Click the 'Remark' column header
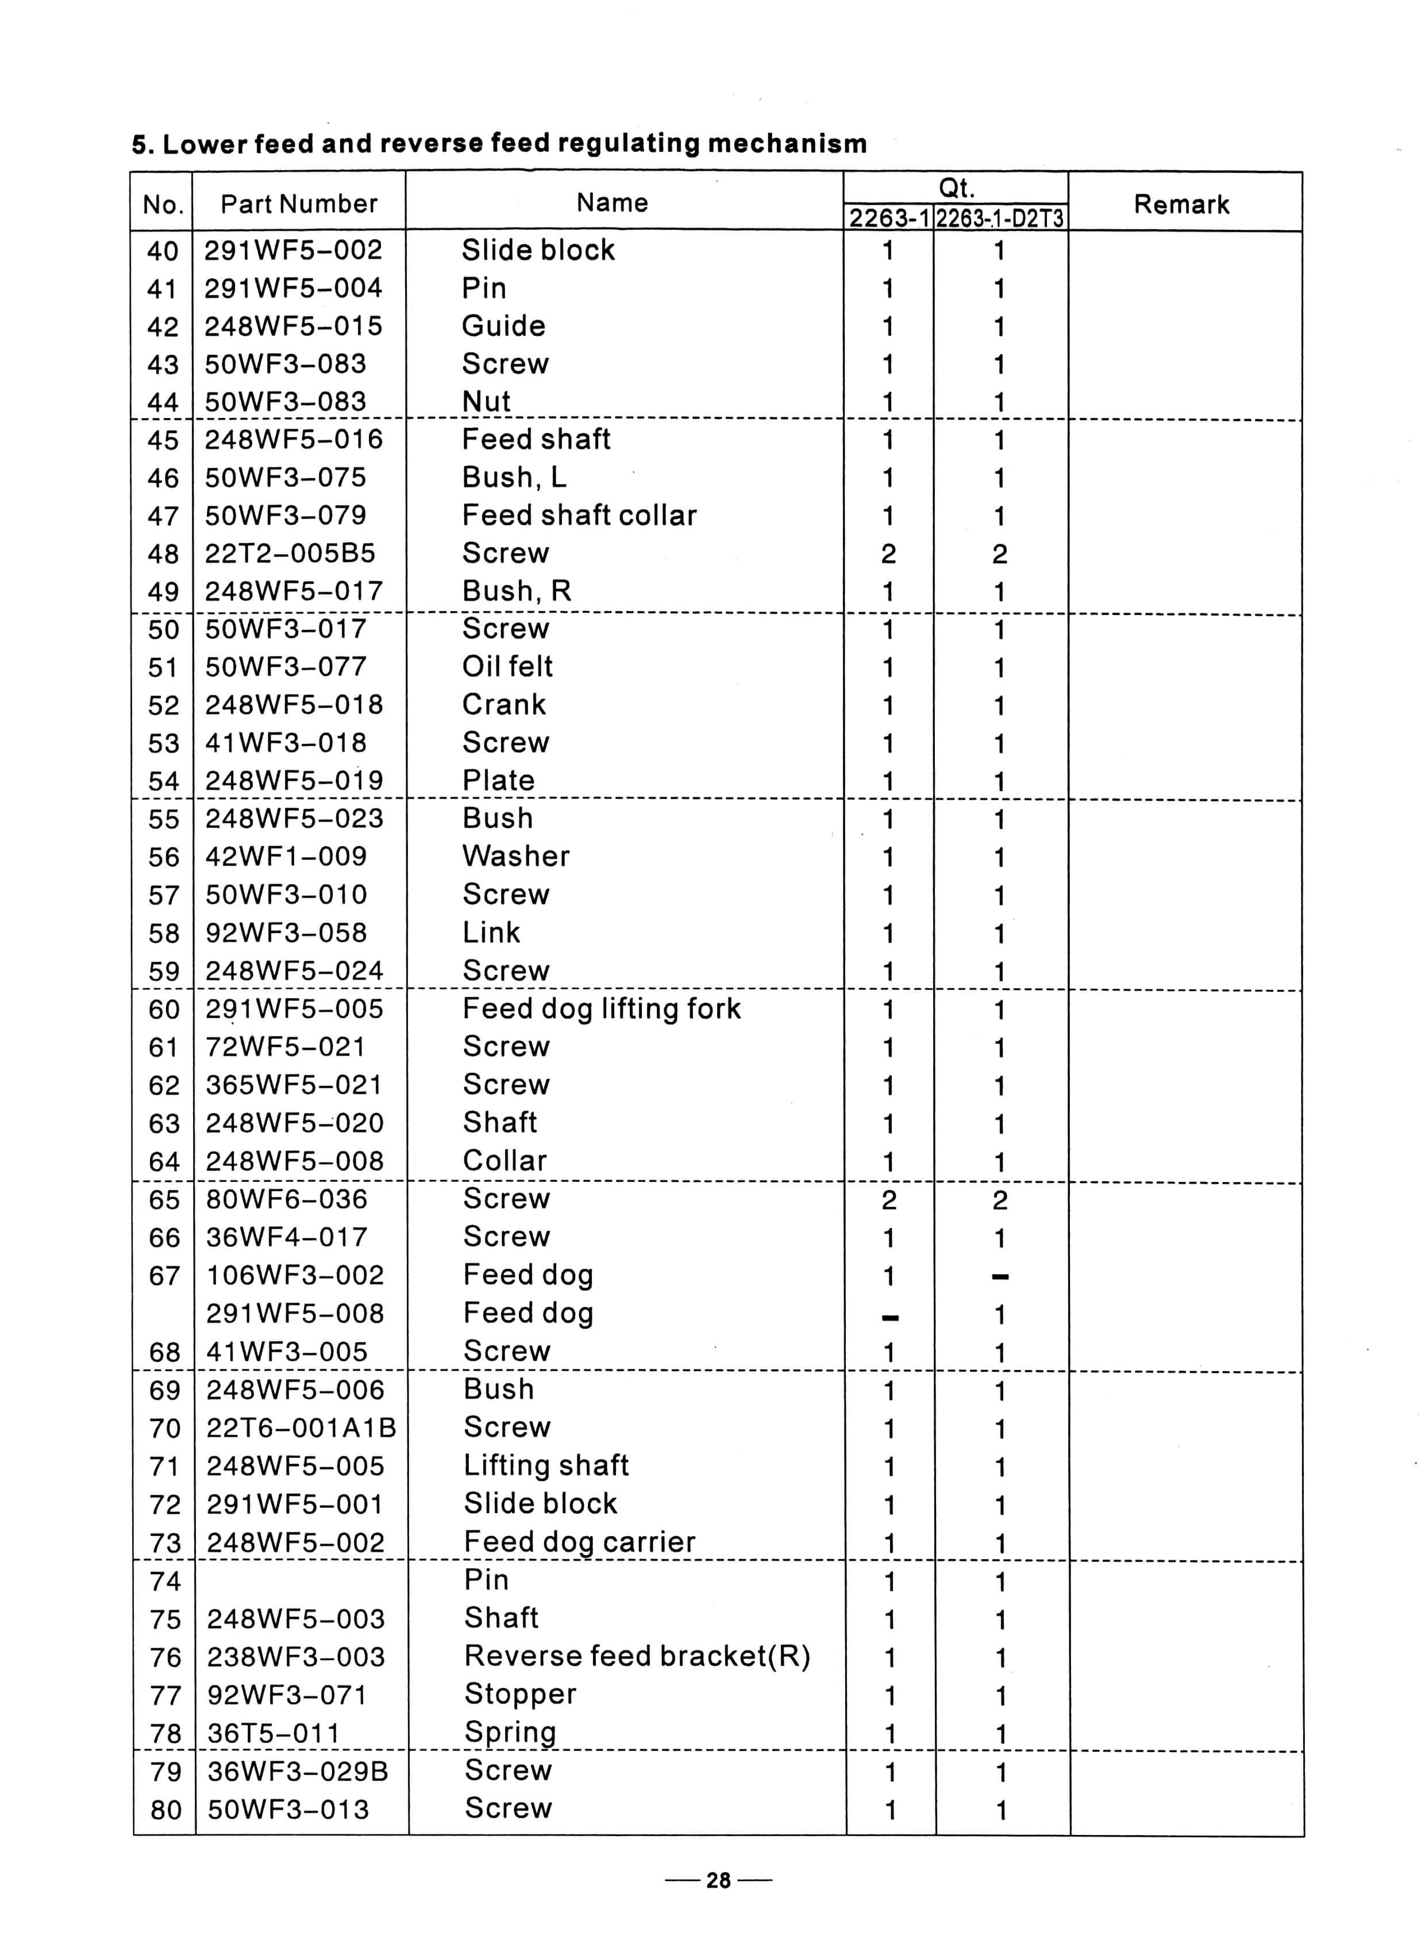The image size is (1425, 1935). coord(1180,205)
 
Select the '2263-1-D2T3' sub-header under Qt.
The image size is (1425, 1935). coord(1000,218)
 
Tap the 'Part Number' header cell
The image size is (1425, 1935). coord(298,204)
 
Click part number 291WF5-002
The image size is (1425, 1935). coord(293,250)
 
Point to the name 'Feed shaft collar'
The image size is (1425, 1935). coord(579,515)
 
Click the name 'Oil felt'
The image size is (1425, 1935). coord(507,666)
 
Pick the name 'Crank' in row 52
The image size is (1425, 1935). coord(504,704)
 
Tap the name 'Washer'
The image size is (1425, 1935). coord(516,856)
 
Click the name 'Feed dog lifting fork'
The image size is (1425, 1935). coord(601,1008)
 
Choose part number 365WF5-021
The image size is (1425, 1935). coord(293,1085)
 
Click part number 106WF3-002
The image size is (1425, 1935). coord(295,1274)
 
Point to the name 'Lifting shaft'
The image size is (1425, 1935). coord(546,1465)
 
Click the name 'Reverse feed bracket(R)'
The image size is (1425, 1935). coord(637,1656)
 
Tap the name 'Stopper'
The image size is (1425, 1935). coord(520,1694)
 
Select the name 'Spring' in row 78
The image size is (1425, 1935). coord(510,1731)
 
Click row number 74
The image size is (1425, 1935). coord(165,1581)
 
